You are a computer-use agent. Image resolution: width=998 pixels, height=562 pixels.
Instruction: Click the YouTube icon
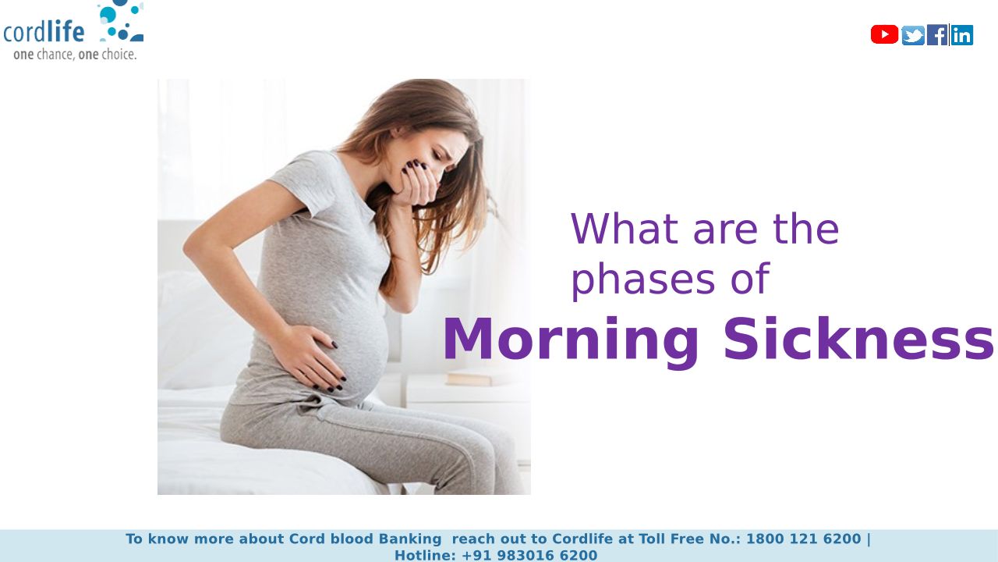point(884,35)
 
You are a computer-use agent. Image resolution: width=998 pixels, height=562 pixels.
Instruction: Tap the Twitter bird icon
point(913,35)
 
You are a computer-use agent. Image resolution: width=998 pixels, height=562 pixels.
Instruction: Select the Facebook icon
point(937,35)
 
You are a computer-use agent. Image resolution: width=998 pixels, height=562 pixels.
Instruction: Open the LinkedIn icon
point(962,35)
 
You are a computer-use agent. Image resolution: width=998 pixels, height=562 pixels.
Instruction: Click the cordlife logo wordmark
point(44,32)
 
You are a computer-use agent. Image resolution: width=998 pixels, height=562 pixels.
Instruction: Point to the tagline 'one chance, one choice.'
point(75,55)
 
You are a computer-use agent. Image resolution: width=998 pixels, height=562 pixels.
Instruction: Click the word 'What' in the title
point(625,229)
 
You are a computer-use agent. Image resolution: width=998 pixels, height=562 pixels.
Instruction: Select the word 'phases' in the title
point(643,280)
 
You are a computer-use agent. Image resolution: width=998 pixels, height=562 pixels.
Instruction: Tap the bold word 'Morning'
point(571,340)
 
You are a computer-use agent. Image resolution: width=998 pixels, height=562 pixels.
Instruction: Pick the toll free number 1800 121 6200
point(804,539)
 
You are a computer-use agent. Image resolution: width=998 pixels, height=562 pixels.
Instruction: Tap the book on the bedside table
point(469,379)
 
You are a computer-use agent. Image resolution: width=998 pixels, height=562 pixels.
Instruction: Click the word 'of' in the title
point(751,279)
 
